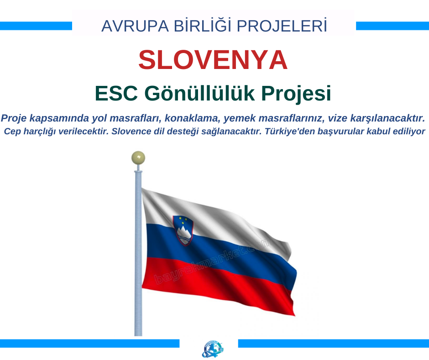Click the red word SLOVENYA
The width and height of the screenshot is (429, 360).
tap(213, 60)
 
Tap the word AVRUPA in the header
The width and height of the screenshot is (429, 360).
tap(135, 26)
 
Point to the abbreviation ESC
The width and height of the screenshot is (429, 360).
tap(116, 93)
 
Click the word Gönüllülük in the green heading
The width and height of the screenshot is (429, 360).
tap(199, 93)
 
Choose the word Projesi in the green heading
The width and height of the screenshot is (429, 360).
tap(296, 94)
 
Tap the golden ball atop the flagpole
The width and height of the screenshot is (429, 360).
tap(138, 158)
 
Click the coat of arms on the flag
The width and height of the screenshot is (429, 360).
tap(183, 230)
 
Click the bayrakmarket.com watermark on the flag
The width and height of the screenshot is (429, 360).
tap(212, 262)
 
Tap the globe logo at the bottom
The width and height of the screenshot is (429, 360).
tap(213, 349)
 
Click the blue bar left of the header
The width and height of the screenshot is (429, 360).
tap(36, 26)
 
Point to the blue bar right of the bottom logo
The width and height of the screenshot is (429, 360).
tap(334, 344)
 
